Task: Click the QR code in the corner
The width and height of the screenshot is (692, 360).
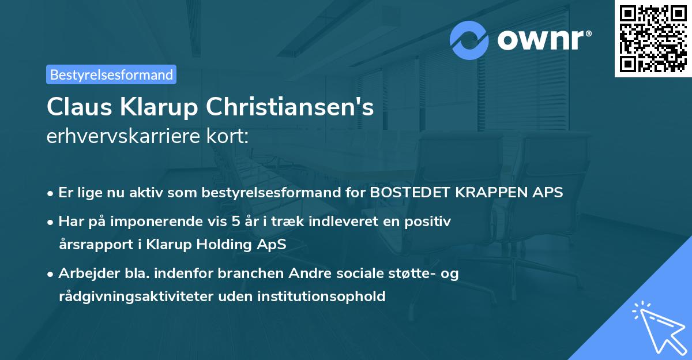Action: point(653,39)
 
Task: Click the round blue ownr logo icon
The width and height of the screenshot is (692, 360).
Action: point(469,40)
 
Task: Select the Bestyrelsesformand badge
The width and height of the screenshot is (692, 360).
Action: point(111,74)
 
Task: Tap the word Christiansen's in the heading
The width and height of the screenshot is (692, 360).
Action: point(290,106)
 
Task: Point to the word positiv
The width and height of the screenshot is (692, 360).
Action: point(430,221)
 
